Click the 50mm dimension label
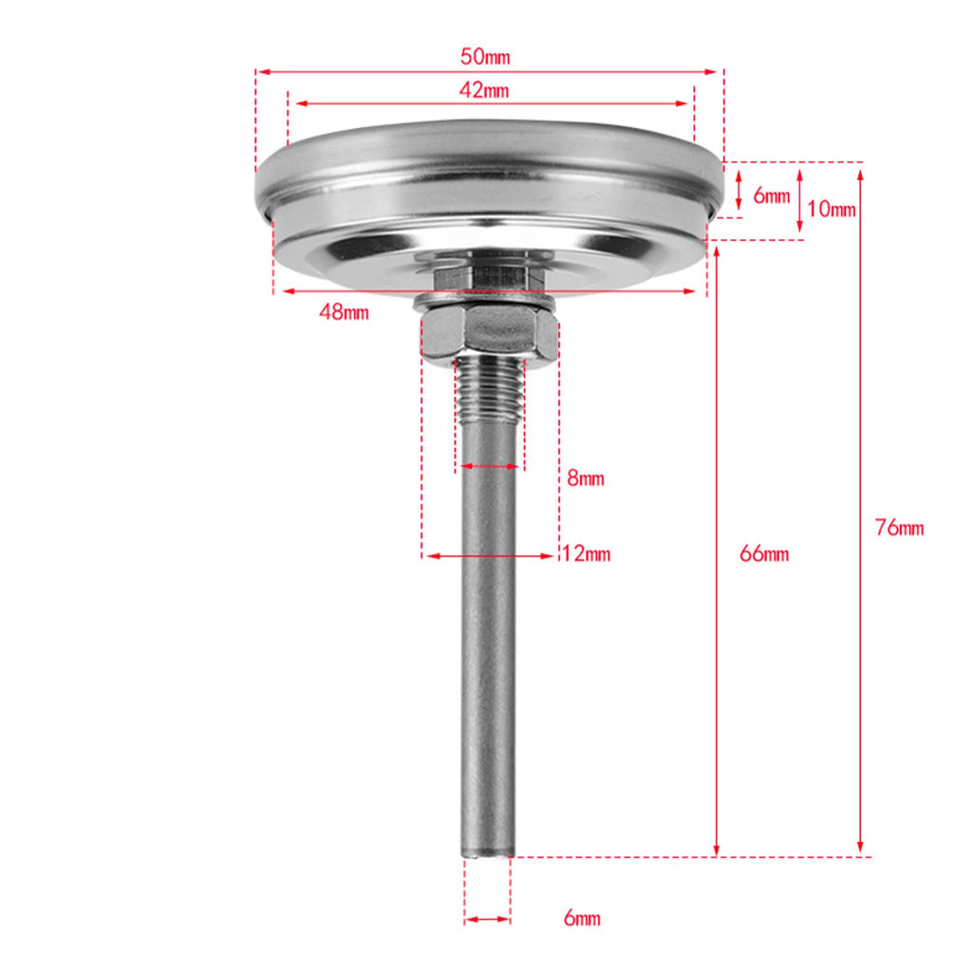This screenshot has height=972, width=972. (x=485, y=57)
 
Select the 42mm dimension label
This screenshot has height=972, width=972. (x=484, y=90)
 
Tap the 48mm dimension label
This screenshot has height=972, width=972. (x=344, y=311)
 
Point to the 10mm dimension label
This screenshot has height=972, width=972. (x=832, y=209)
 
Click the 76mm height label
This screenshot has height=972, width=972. (x=900, y=528)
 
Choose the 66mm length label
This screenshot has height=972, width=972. (x=764, y=553)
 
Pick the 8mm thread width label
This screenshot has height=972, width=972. (x=586, y=478)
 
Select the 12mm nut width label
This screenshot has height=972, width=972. (x=587, y=553)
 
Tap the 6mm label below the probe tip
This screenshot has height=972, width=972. (x=582, y=918)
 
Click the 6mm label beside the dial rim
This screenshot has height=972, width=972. (x=772, y=196)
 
